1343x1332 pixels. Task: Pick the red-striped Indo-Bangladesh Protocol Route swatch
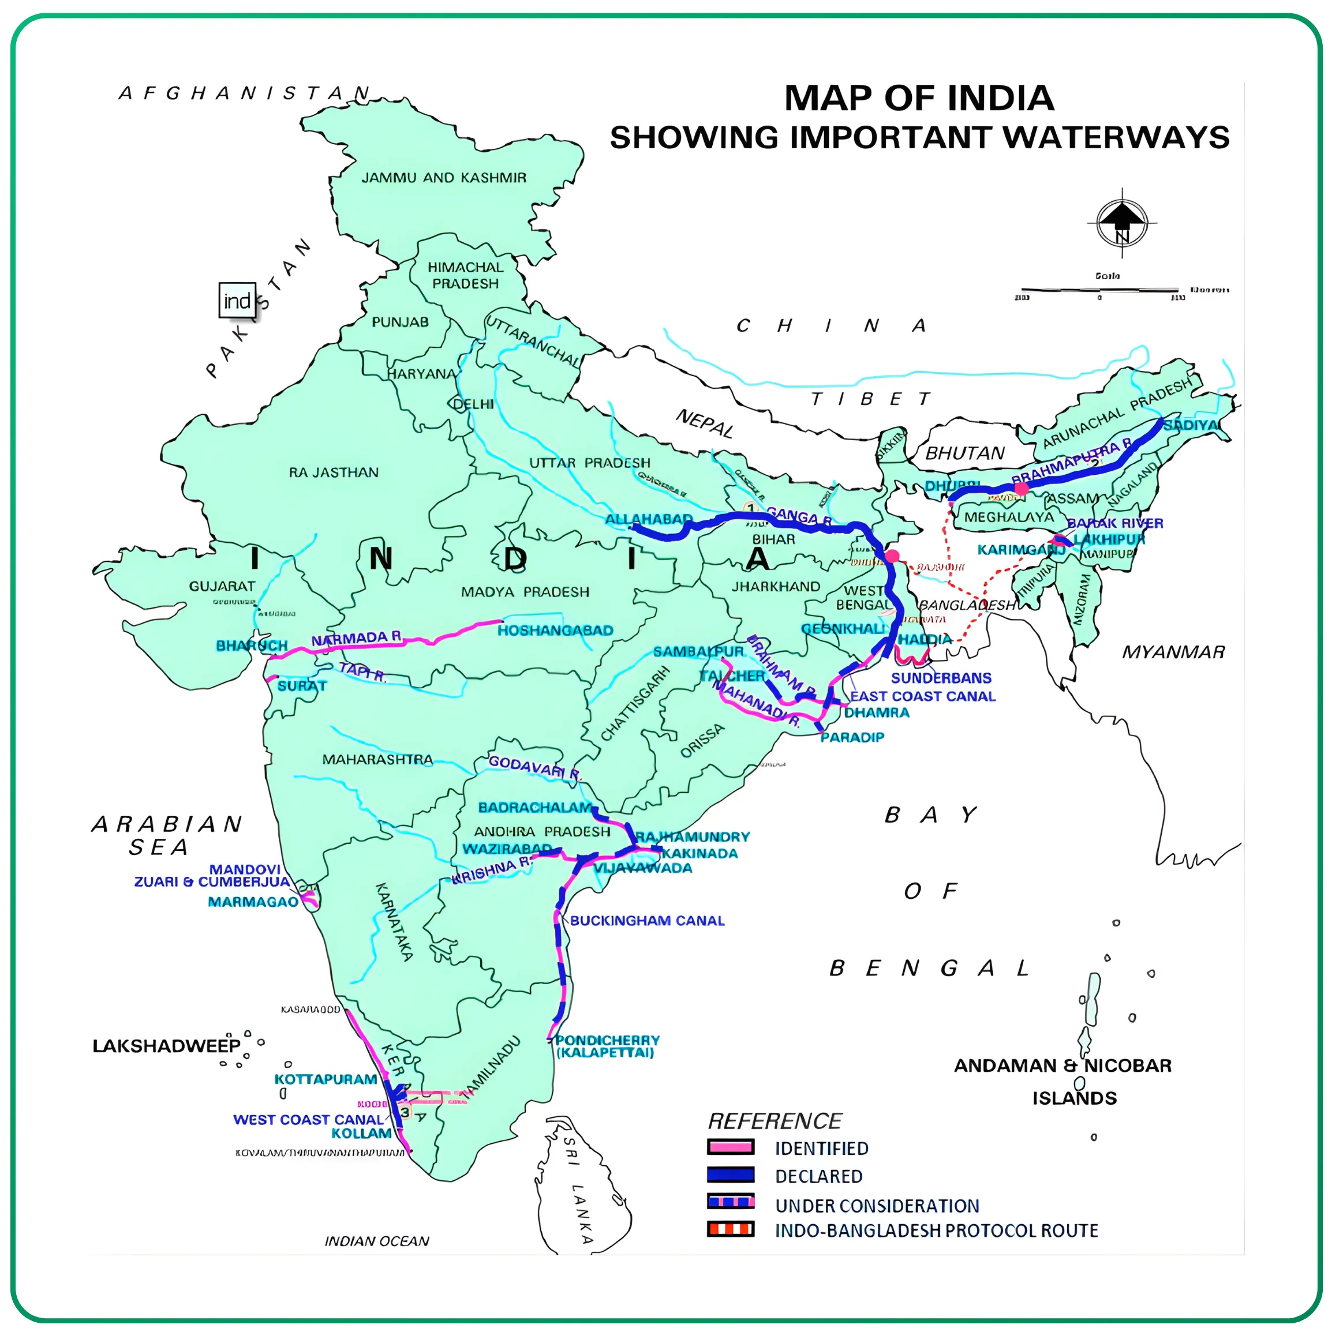730,1229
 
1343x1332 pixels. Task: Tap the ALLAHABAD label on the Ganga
648,519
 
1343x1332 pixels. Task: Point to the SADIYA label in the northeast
1190,425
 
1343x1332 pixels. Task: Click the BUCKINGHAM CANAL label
647,921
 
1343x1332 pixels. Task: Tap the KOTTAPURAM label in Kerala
326,1079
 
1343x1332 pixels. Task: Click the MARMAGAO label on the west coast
253,902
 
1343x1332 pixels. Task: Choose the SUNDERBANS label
941,677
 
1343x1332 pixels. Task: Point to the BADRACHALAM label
534,808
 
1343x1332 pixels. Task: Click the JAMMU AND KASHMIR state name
443,178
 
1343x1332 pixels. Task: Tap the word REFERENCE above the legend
774,1121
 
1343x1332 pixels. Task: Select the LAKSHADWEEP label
166,1046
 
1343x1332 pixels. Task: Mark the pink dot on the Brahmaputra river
1020,489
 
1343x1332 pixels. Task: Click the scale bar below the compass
1099,289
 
